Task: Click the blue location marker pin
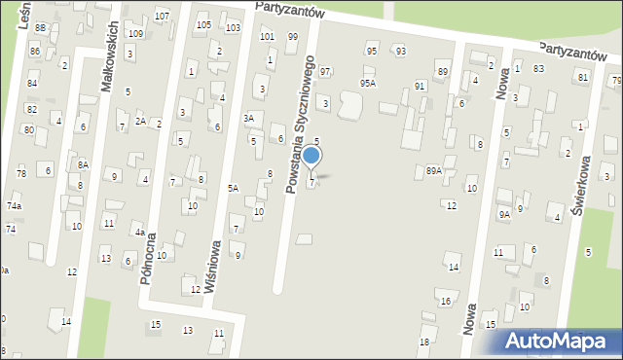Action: (x=311, y=156)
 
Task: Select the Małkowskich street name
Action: (x=110, y=55)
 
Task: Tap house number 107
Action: (x=162, y=17)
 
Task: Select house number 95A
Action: (x=367, y=84)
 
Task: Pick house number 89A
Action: (x=433, y=170)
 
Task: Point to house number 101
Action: (x=267, y=37)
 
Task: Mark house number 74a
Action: (x=14, y=206)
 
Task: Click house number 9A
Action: (x=503, y=214)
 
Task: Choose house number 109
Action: (x=135, y=34)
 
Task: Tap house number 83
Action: (x=538, y=68)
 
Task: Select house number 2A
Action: (x=140, y=122)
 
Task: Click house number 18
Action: (x=423, y=342)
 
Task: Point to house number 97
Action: (x=325, y=72)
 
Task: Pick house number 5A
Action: (x=234, y=188)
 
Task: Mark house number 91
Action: (x=420, y=87)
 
